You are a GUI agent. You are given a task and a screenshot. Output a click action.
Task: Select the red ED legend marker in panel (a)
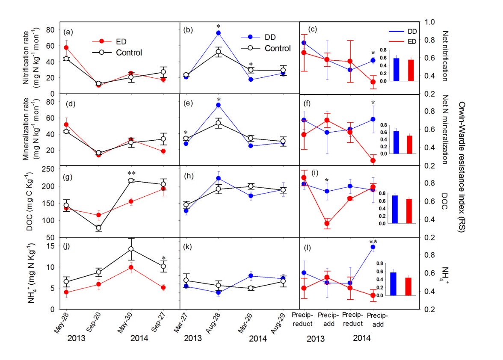click(x=101, y=41)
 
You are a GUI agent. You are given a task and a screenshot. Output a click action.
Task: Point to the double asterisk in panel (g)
click(x=131, y=174)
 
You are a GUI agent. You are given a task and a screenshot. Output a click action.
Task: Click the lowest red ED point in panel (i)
click(x=327, y=223)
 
